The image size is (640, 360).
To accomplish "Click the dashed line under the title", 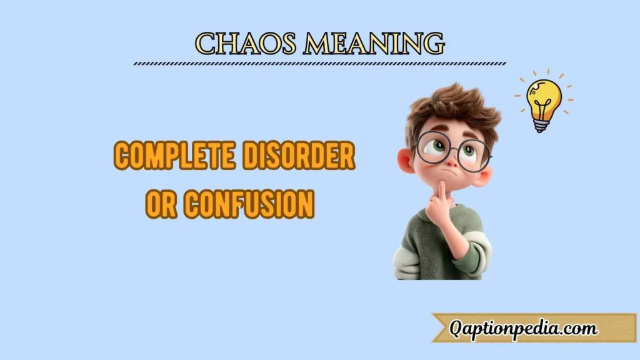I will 320,63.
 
